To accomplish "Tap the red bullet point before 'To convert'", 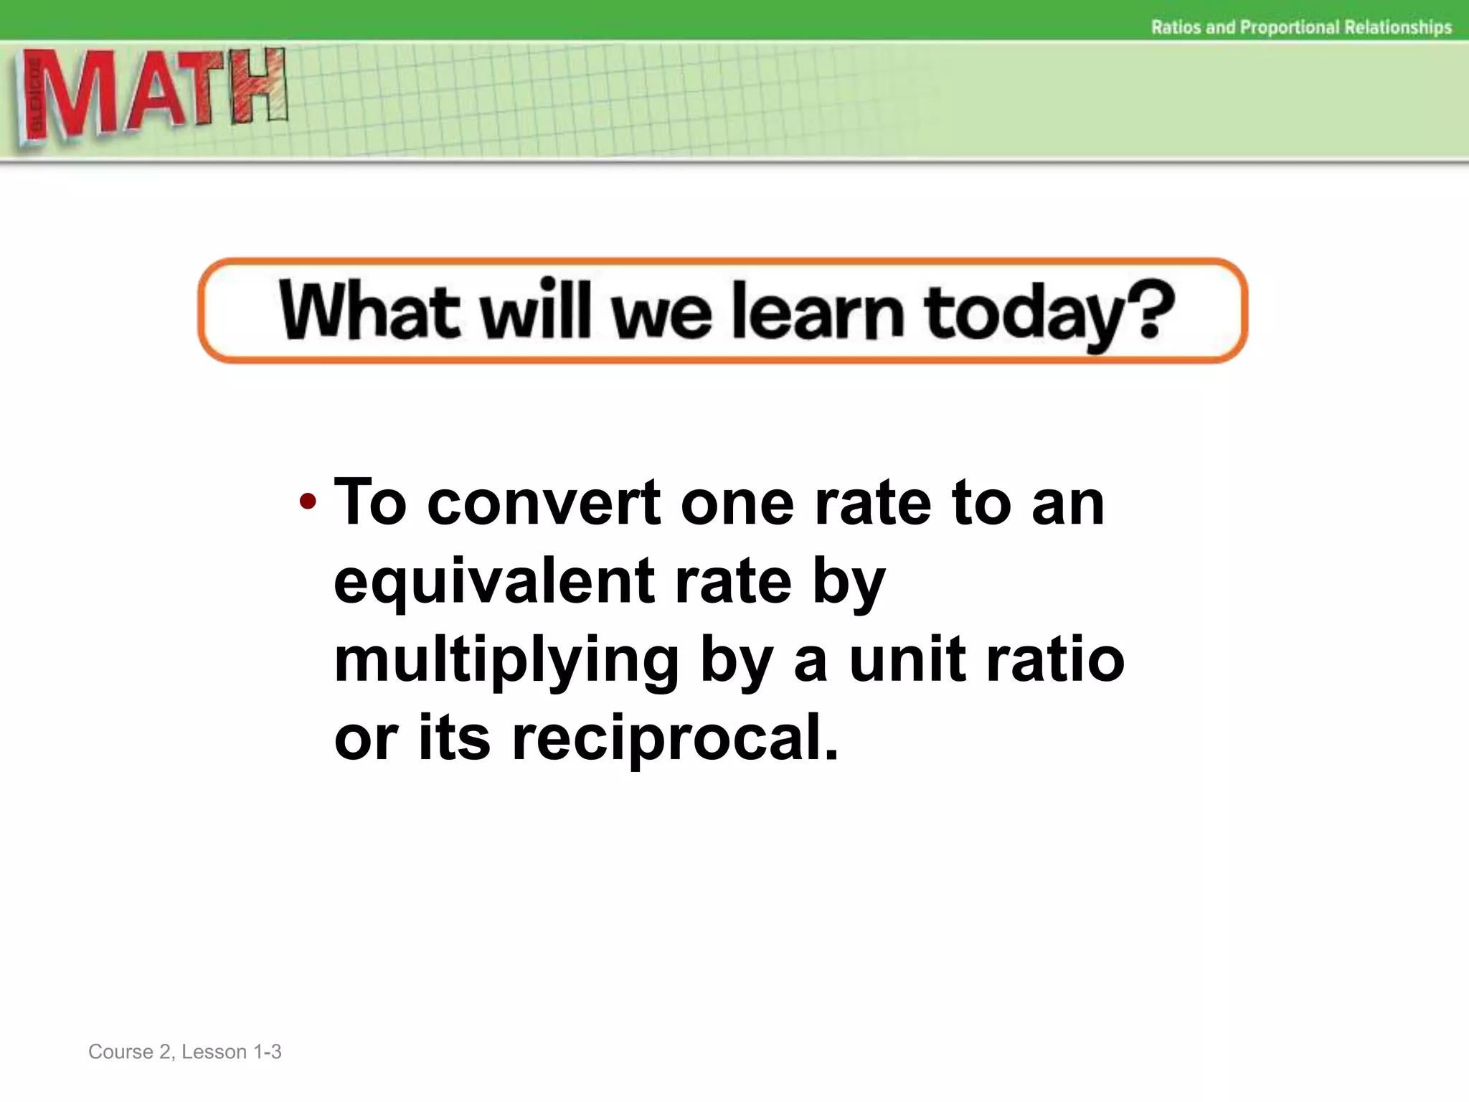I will (308, 501).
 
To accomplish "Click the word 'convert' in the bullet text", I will (544, 503).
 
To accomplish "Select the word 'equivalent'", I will (494, 583).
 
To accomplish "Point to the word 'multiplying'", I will (506, 662).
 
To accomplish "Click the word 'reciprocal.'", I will (674, 739).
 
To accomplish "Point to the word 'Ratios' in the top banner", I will (1177, 27).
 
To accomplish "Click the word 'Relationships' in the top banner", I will (1398, 27).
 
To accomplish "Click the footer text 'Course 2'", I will (130, 1052).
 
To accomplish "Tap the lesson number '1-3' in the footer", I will (268, 1052).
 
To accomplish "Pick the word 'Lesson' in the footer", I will (214, 1052).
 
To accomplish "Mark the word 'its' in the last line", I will (454, 739).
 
